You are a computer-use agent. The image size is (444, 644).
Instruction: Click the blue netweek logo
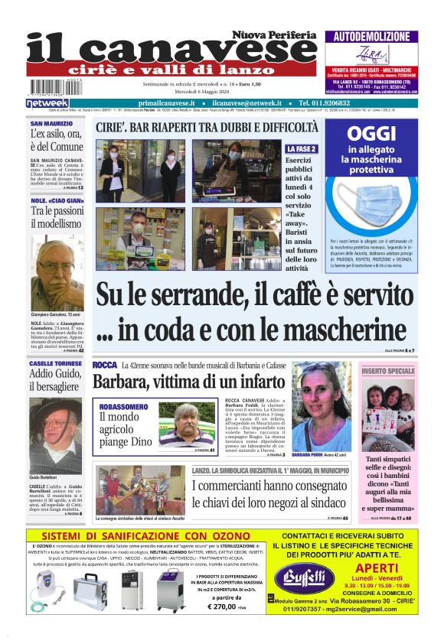click(47, 102)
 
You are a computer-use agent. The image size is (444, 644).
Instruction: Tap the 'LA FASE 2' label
click(301, 148)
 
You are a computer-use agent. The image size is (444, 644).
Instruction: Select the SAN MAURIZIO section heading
click(51, 123)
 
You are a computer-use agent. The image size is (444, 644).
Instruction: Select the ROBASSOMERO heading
click(123, 407)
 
